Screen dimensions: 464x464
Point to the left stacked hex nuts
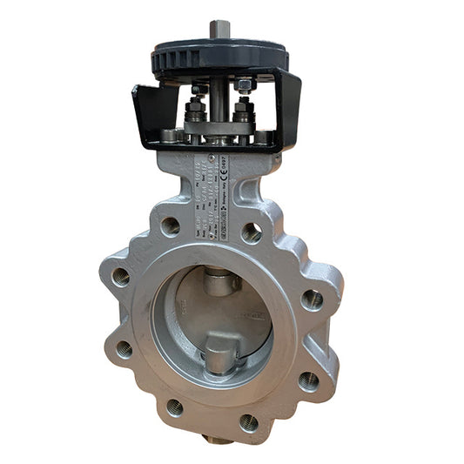tap(196, 112)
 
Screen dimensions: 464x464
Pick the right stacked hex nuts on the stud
tap(243, 113)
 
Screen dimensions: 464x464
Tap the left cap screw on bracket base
tap(169, 136)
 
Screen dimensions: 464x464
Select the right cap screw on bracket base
tap(262, 137)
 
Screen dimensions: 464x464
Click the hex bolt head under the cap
tap(245, 84)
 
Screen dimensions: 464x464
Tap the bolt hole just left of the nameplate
tap(170, 225)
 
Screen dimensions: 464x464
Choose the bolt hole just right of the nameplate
tap(252, 232)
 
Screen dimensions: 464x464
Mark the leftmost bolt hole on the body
tap(120, 276)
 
